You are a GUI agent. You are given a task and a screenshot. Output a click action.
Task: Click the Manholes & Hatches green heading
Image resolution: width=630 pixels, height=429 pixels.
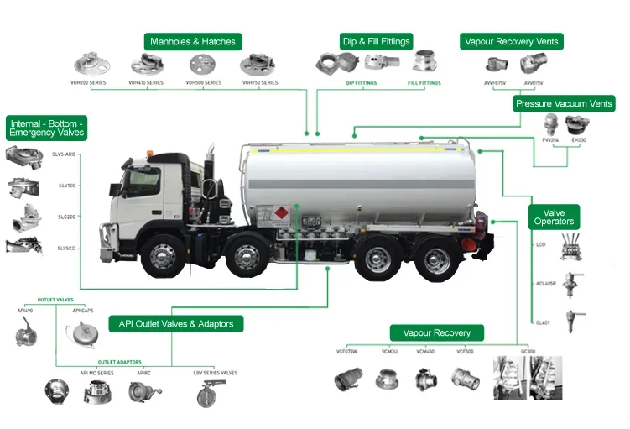(x=193, y=41)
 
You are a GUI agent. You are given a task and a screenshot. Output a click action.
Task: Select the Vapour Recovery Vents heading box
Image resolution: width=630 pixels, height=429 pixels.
(x=511, y=41)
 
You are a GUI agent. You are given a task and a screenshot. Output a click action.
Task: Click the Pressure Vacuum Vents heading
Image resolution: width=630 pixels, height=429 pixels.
(x=565, y=104)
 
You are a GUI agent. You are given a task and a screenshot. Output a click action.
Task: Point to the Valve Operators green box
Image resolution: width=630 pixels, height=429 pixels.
(x=554, y=217)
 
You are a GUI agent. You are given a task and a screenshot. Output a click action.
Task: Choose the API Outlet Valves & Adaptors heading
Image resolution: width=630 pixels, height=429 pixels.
(x=180, y=323)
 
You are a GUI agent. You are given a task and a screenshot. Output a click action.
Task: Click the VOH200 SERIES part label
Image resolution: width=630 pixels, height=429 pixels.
(x=89, y=83)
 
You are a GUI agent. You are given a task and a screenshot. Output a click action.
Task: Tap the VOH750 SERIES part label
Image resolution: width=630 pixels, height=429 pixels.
(x=259, y=83)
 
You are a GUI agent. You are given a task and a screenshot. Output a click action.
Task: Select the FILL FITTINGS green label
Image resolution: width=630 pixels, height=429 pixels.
(x=424, y=83)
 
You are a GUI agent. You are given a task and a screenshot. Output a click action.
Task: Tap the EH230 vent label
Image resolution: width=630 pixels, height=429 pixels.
(x=579, y=140)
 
